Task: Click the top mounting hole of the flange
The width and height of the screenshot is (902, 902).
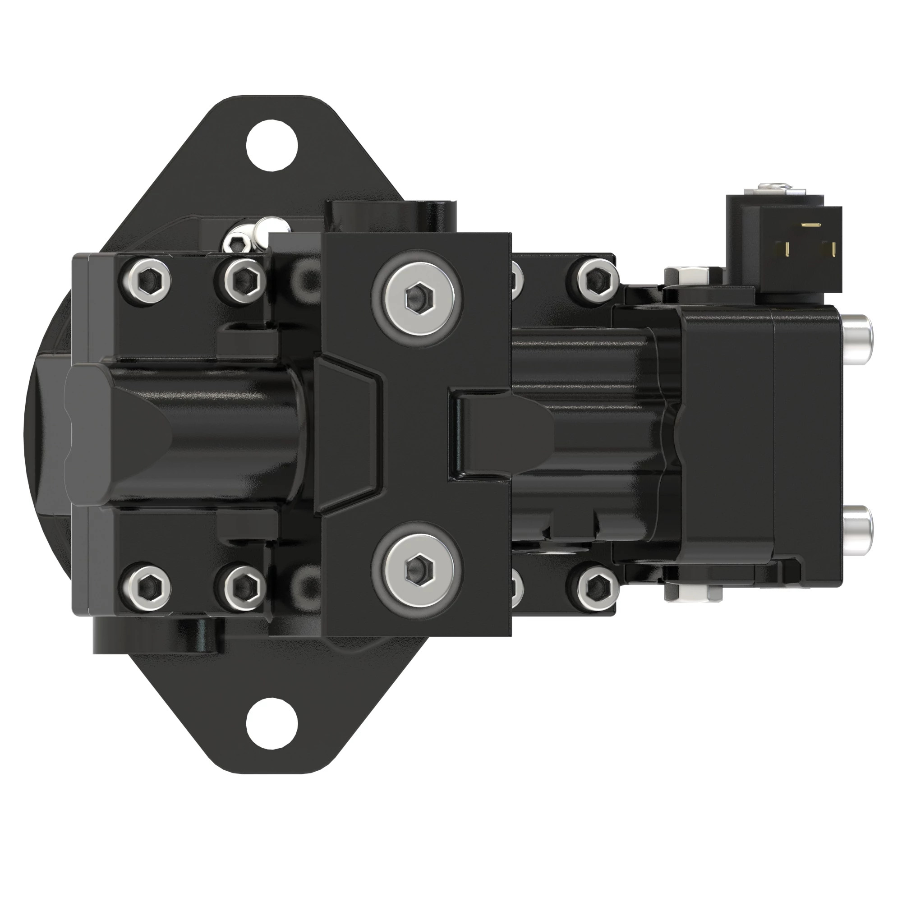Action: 272,145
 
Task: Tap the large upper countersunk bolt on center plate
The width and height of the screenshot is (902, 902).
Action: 417,295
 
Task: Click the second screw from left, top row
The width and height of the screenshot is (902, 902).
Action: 241,280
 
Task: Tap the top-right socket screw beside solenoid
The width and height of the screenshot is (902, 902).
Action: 594,280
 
